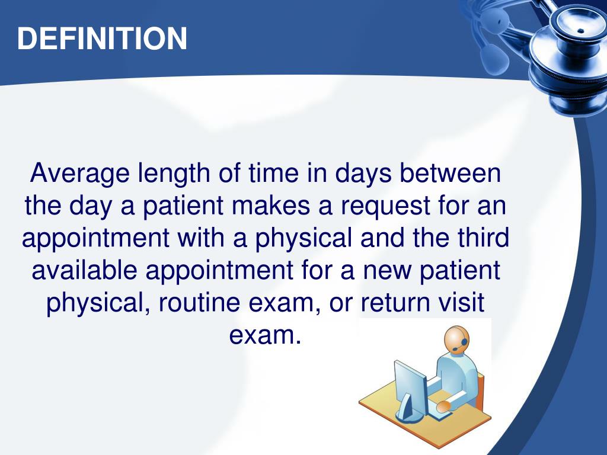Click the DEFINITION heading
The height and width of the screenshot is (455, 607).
pyautogui.click(x=102, y=39)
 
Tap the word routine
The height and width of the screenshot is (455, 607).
pyautogui.click(x=197, y=303)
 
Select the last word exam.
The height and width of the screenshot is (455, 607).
pyautogui.click(x=261, y=335)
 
